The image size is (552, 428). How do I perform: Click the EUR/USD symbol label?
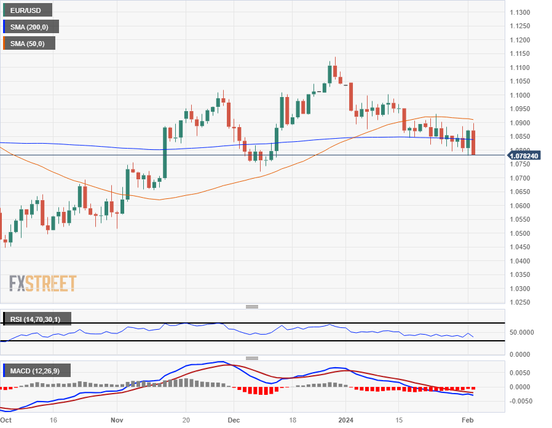click(x=26, y=10)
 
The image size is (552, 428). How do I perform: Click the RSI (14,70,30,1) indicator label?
click(x=36, y=319)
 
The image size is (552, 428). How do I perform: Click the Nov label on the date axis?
click(x=117, y=421)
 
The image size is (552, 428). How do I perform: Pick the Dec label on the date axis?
click(x=233, y=421)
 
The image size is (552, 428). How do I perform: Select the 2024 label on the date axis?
click(x=345, y=421)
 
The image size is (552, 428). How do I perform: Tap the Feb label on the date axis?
click(x=467, y=421)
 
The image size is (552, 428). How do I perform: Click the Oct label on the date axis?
click(x=6, y=421)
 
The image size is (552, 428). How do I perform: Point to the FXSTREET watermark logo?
click(x=42, y=284)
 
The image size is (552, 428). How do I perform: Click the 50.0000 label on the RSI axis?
click(x=523, y=332)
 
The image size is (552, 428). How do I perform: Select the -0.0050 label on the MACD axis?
click(x=521, y=401)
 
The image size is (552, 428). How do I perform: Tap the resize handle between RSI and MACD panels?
click(x=252, y=358)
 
